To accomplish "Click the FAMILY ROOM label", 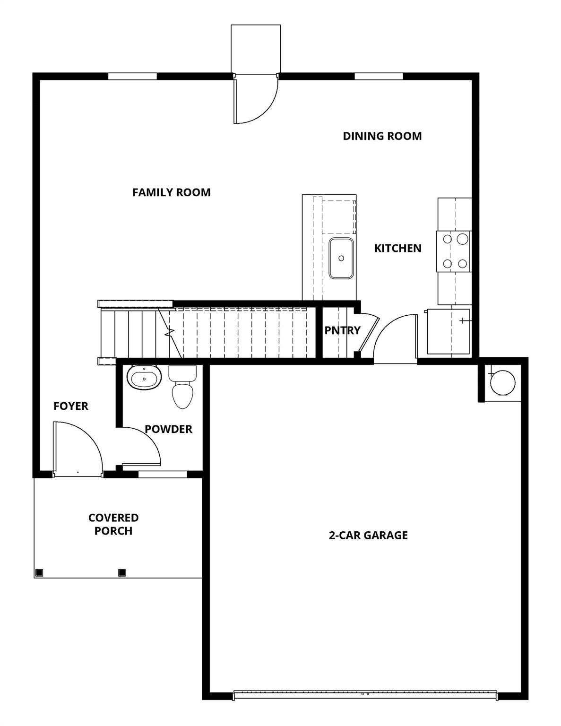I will [x=171, y=192].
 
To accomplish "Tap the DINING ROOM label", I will [x=382, y=136].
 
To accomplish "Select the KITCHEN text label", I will [x=397, y=248].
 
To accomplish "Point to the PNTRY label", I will [x=342, y=330].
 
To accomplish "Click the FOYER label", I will [x=71, y=406].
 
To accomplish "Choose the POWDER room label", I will [x=168, y=429].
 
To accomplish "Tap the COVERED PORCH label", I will [x=113, y=524].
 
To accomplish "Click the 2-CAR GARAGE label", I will [x=368, y=535].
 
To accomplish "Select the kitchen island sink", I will [x=341, y=258].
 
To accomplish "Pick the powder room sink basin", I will [x=144, y=377].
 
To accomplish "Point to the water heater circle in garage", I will [x=502, y=382].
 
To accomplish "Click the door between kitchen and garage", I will [x=395, y=338].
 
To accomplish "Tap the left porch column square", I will [x=39, y=572].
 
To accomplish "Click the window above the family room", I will [x=132, y=76].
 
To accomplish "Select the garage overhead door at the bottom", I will [x=365, y=695].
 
